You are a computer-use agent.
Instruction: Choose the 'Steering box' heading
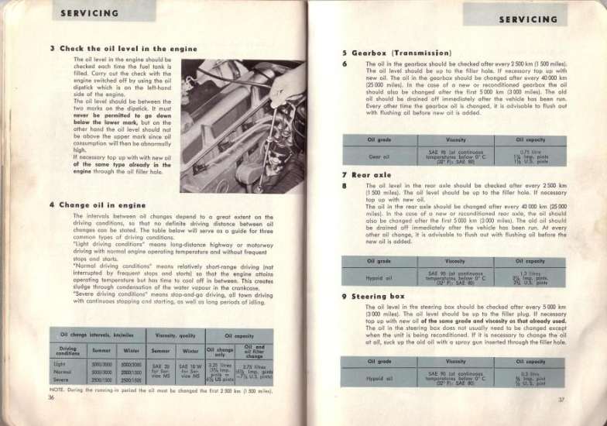(385, 296)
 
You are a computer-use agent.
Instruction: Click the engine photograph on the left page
(242, 126)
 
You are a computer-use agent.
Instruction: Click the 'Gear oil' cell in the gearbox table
(379, 156)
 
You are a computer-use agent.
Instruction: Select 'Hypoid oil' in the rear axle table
(379, 277)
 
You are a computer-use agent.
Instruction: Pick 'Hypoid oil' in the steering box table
(379, 378)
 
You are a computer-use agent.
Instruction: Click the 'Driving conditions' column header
(68, 350)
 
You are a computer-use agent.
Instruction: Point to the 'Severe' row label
(60, 380)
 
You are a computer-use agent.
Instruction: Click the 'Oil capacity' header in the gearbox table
(530, 139)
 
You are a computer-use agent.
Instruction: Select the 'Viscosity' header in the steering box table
(455, 361)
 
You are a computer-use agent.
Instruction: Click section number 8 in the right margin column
(344, 186)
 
